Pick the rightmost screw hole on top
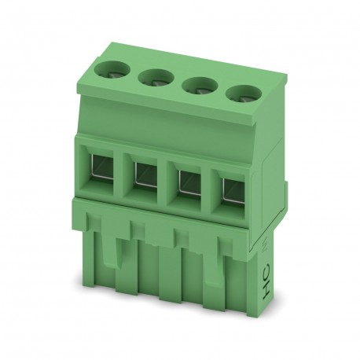(241, 92)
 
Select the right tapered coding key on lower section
(211, 271)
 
